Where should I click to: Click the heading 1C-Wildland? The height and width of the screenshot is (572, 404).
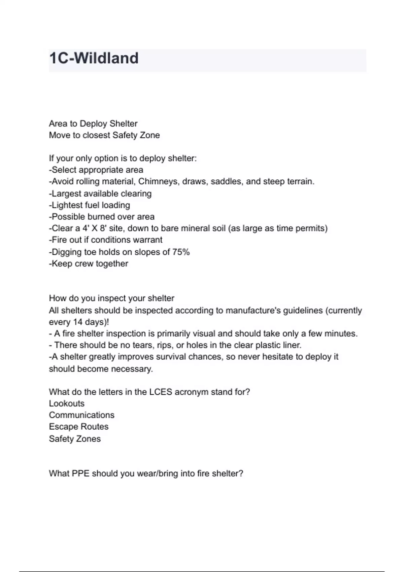(x=94, y=58)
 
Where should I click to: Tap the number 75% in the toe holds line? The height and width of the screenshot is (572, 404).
(x=181, y=252)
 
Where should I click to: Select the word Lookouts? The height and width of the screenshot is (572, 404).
(x=67, y=403)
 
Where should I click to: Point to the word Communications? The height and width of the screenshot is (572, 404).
(x=81, y=415)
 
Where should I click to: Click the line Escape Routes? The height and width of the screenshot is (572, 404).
(x=79, y=427)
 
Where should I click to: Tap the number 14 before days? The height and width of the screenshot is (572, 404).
(x=78, y=322)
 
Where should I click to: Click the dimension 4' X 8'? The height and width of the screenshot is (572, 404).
(x=95, y=228)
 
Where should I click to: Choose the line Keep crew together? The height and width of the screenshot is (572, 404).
(x=89, y=263)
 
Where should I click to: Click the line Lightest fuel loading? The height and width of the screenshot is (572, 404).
(x=90, y=205)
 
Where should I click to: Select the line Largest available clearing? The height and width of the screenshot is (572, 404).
(x=101, y=194)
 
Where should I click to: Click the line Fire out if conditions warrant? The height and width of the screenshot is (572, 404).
(x=106, y=240)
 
